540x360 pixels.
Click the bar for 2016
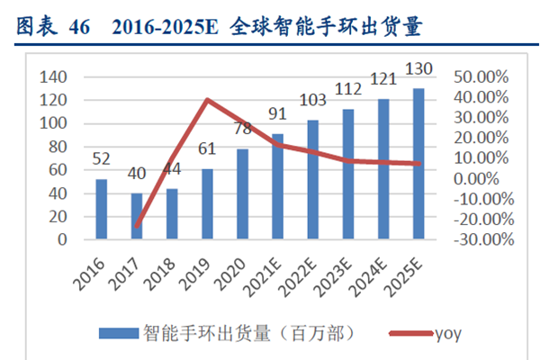click(x=102, y=210)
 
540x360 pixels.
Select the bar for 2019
click(x=209, y=204)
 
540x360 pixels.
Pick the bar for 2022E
click(x=313, y=180)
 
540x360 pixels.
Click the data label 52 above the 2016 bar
click(x=102, y=159)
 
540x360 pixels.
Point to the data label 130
click(x=418, y=69)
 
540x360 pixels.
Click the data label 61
click(x=209, y=148)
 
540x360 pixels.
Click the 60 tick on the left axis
click(x=58, y=170)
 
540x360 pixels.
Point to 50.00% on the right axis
click(x=481, y=77)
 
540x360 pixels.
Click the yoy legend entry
click(x=450, y=332)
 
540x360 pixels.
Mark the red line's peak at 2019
click(x=209, y=100)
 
